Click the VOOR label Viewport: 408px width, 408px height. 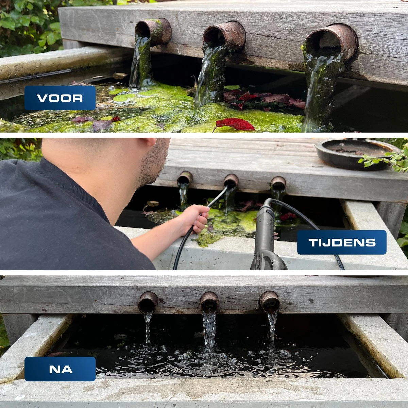(60, 98)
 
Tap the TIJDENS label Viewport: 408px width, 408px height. (342, 242)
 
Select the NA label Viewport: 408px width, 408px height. (60, 369)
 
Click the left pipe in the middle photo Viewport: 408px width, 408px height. (185, 178)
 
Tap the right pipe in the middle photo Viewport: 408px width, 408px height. (278, 184)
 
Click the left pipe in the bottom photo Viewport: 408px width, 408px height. (148, 302)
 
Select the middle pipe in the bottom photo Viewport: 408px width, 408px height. (209, 302)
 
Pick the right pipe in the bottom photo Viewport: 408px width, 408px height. (270, 302)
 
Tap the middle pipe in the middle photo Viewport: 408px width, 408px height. (231, 180)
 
